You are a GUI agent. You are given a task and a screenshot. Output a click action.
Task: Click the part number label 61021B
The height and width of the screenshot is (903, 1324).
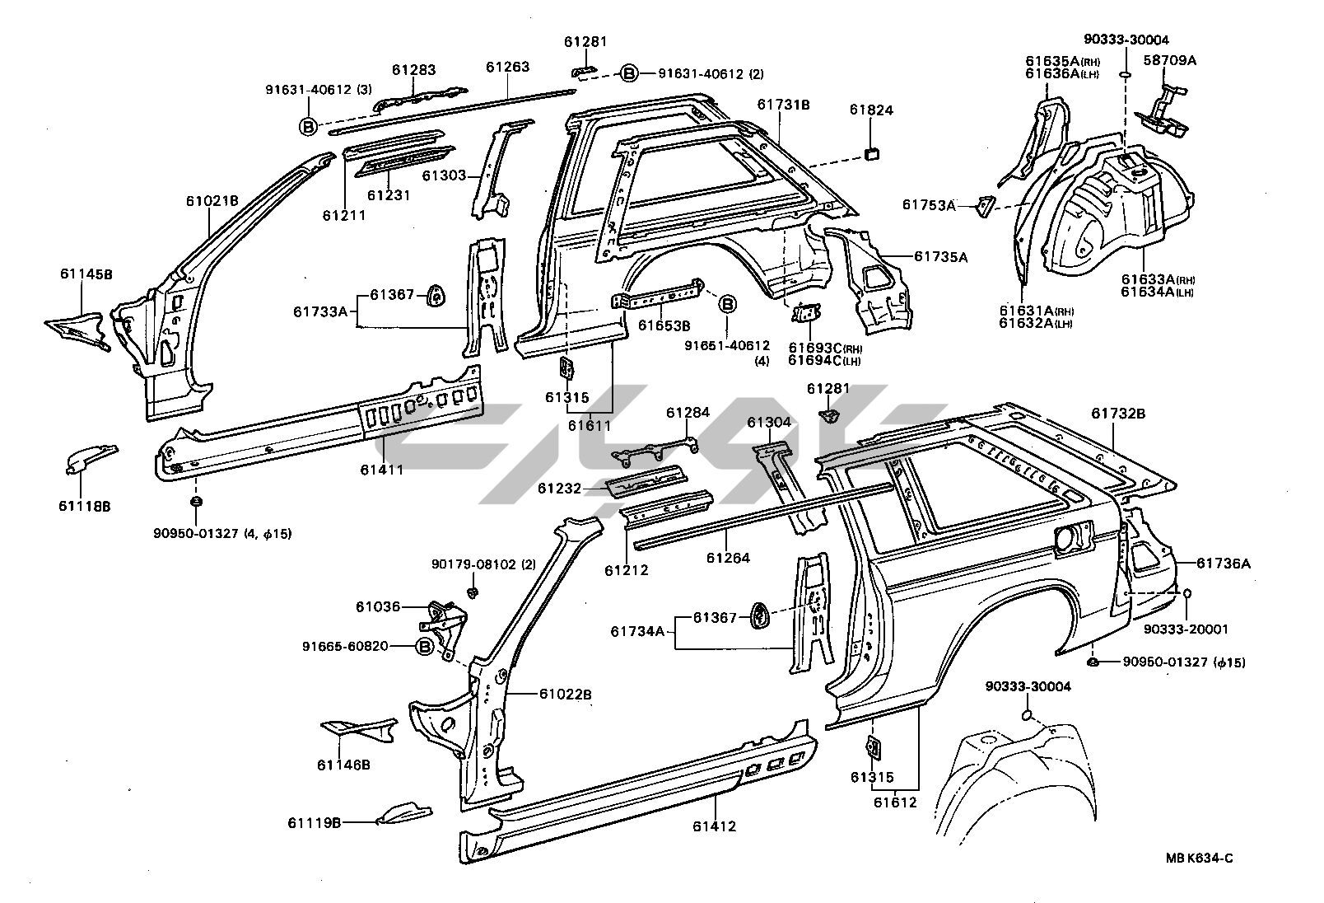coord(212,200)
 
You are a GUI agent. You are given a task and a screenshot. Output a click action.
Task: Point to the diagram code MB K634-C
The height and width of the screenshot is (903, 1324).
coord(1199,858)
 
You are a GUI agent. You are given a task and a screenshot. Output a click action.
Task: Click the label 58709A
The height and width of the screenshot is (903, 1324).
coord(1169,60)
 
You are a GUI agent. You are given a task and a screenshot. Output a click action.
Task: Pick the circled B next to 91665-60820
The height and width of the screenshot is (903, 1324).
coord(424,647)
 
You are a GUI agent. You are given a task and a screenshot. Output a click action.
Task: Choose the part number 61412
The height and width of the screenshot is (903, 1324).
coord(714,826)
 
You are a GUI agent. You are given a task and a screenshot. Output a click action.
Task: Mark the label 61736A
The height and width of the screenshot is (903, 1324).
coord(1223,564)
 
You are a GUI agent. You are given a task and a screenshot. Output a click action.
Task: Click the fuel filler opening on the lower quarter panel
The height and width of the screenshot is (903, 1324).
coord(1068,540)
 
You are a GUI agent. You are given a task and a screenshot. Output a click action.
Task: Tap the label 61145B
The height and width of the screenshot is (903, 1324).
coord(86,274)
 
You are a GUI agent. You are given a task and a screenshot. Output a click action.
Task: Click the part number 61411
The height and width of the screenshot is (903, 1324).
coord(381,470)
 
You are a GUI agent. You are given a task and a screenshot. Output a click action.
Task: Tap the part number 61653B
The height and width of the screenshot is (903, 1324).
coord(664,325)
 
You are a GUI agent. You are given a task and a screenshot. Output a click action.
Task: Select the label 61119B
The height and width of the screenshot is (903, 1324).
coord(315,822)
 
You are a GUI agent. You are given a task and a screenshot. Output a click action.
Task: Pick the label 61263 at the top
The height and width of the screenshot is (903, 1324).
coord(507,68)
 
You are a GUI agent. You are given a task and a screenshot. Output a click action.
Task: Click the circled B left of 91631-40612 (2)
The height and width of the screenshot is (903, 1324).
coord(628,73)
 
